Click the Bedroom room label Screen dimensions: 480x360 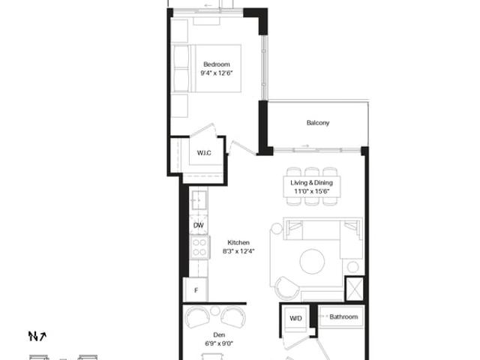click(217, 64)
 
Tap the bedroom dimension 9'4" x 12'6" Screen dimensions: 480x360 click(217, 73)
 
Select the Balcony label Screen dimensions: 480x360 click(318, 123)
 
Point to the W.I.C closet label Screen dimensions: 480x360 click(204, 153)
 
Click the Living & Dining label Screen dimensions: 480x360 click(312, 183)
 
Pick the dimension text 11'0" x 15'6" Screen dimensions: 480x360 click(312, 192)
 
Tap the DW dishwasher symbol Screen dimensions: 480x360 click(198, 225)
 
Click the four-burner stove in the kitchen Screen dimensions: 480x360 click(199, 247)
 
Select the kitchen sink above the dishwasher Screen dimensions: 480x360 click(199, 200)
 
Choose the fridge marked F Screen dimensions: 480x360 click(196, 289)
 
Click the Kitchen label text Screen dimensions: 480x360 click(238, 242)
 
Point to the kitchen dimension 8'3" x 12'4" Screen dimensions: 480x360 click(238, 252)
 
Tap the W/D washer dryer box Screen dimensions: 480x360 click(295, 318)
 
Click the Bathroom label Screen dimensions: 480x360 click(343, 316)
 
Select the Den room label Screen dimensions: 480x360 click(219, 335)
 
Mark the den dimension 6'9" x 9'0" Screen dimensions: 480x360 click(219, 343)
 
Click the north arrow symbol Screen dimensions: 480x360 click(37, 336)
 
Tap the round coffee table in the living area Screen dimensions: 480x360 click(312, 261)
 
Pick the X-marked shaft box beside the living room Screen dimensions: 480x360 click(355, 288)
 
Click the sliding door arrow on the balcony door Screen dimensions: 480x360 click(305, 146)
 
